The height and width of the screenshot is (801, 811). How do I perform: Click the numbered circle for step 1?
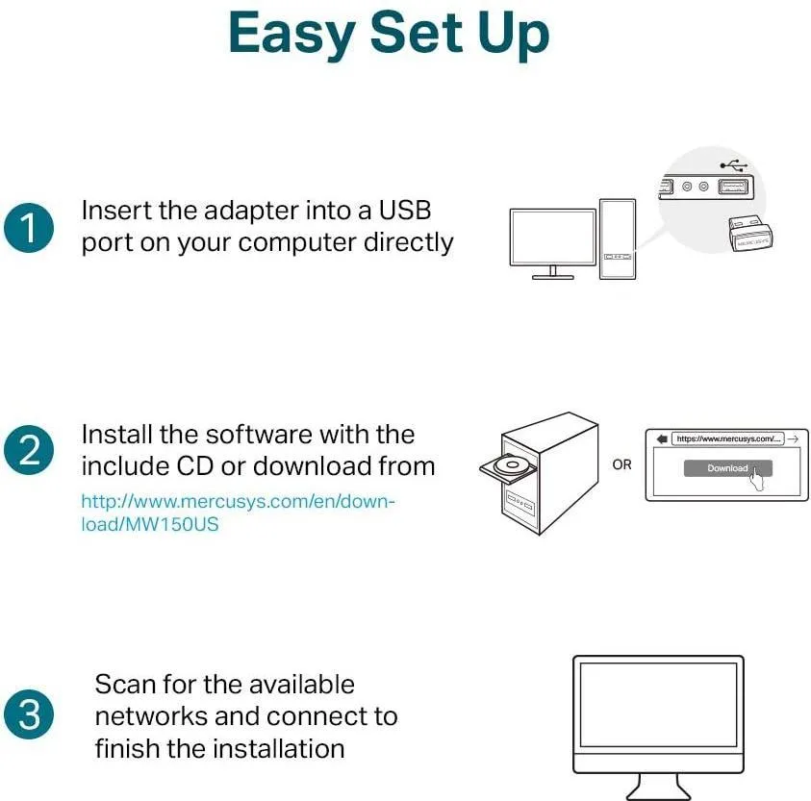click(x=29, y=228)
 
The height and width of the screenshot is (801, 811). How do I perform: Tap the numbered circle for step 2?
click(x=29, y=450)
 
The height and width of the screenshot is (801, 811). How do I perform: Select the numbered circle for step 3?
click(x=29, y=714)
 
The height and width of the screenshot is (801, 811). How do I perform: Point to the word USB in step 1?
click(x=405, y=211)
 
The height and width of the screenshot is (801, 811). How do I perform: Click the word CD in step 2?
click(x=195, y=466)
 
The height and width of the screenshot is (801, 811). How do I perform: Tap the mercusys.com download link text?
click(x=238, y=513)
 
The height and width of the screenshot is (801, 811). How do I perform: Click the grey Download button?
click(x=727, y=468)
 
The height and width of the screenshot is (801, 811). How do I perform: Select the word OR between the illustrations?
click(x=621, y=464)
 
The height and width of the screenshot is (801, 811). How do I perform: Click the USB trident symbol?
click(x=734, y=165)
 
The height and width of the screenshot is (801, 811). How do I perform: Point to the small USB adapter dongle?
click(x=750, y=235)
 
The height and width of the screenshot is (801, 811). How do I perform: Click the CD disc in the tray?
click(x=511, y=464)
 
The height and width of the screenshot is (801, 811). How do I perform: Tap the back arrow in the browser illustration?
click(x=662, y=439)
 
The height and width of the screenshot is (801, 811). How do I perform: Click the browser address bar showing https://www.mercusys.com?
click(x=727, y=438)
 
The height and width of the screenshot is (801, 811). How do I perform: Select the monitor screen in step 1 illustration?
click(x=553, y=238)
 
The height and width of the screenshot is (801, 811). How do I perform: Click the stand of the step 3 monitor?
click(x=658, y=788)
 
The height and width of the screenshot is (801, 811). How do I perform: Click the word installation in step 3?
click(x=278, y=748)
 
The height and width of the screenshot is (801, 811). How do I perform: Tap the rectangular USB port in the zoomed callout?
click(x=733, y=187)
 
